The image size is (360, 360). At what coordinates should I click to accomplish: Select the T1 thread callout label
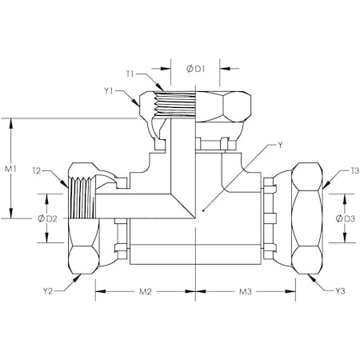[130, 74]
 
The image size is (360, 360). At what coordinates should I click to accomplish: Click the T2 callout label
[37, 171]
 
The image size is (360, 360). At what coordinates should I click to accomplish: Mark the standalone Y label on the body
[278, 146]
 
